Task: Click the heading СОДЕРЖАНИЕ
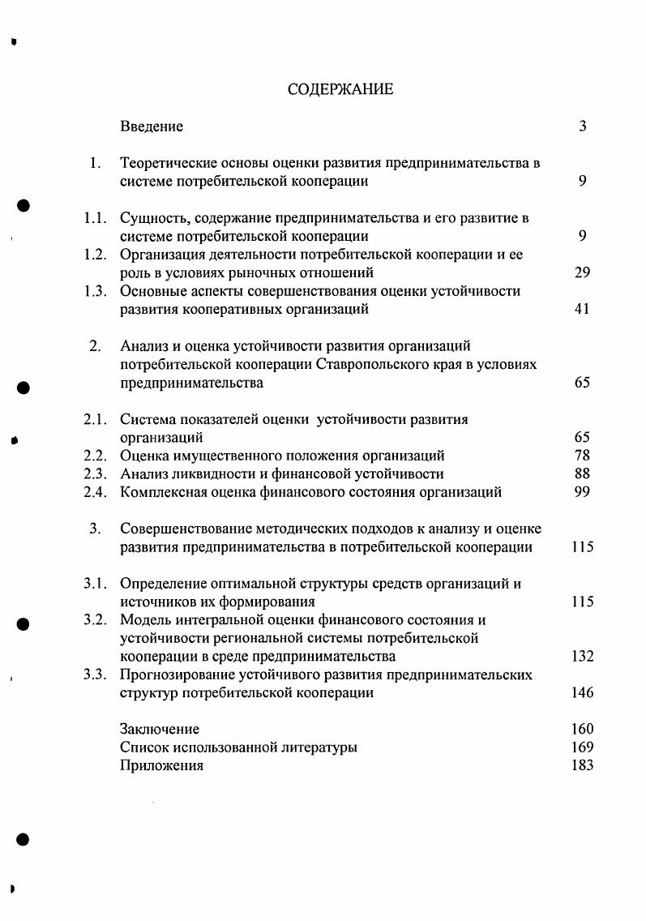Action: click(340, 89)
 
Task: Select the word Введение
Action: click(152, 126)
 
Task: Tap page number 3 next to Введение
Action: click(582, 126)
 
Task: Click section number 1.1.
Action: click(96, 218)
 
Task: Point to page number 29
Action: click(582, 273)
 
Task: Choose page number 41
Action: click(582, 309)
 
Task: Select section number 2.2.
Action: click(96, 456)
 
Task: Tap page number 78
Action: click(582, 456)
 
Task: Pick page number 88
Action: click(582, 474)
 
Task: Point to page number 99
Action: click(582, 492)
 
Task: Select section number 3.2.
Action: click(96, 620)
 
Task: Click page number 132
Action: click(582, 657)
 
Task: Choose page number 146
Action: click(582, 693)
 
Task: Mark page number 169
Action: click(582, 748)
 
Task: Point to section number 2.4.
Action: click(96, 492)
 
